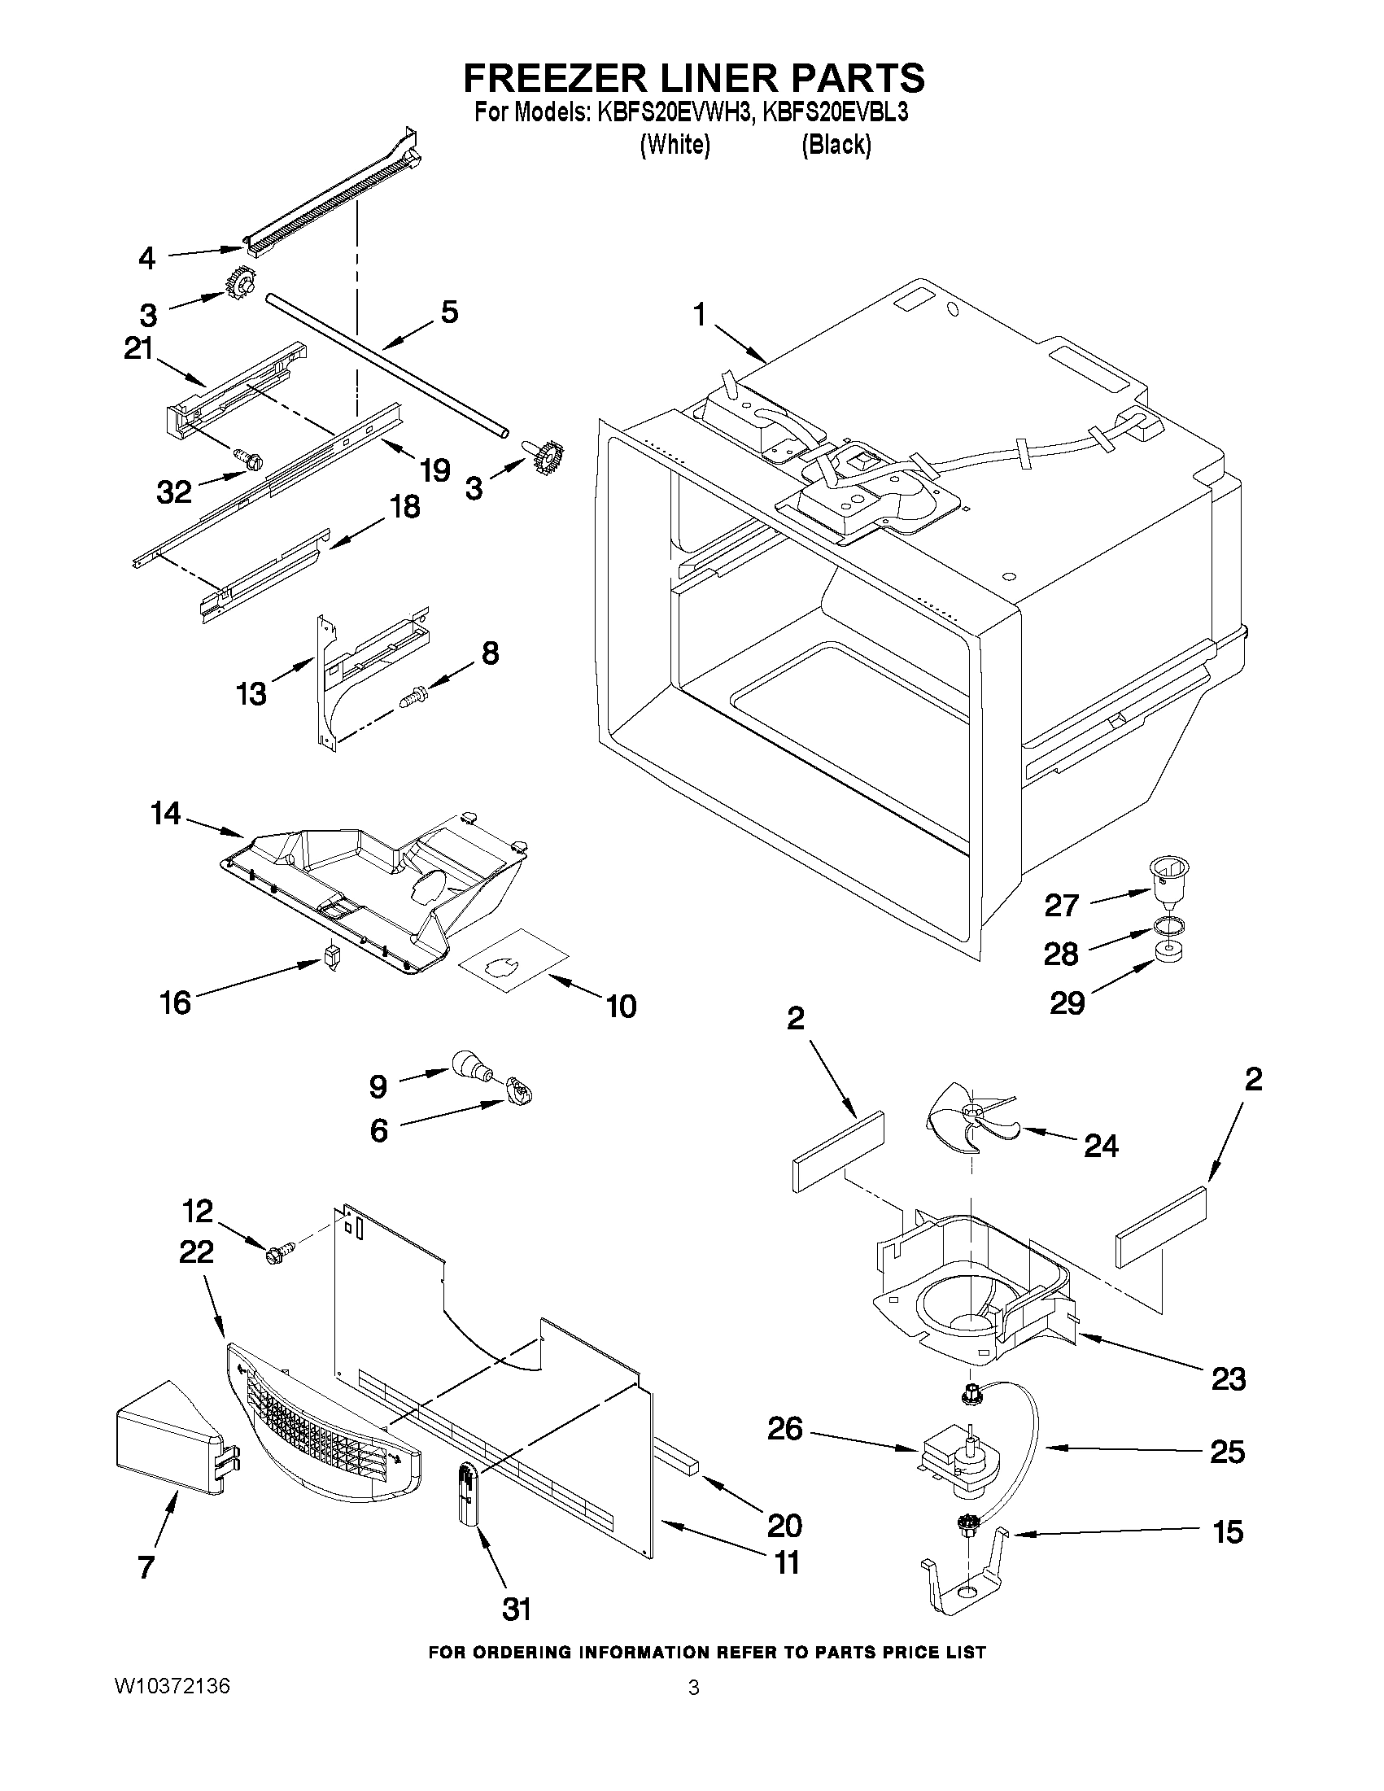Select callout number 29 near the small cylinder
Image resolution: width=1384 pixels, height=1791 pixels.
click(1067, 1003)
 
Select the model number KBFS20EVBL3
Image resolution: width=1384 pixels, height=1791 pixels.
click(835, 113)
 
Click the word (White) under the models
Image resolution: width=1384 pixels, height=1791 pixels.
click(674, 144)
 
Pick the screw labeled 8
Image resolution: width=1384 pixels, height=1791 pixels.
click(413, 698)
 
